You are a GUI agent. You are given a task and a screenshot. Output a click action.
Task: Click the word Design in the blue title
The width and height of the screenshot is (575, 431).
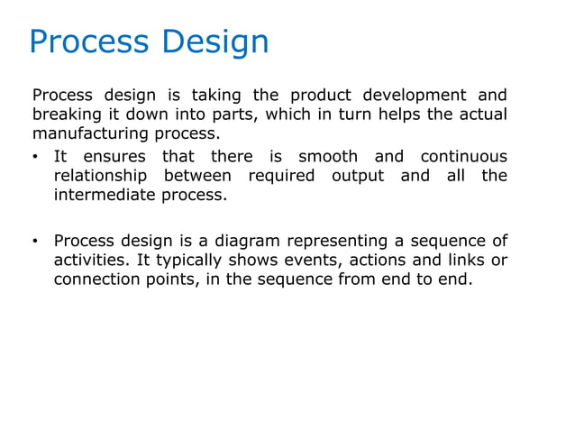[217, 41]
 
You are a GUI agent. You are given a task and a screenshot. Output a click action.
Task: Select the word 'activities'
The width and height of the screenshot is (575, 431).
[89, 260]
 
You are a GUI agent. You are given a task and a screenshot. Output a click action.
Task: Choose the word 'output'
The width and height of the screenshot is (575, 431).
[357, 176]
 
